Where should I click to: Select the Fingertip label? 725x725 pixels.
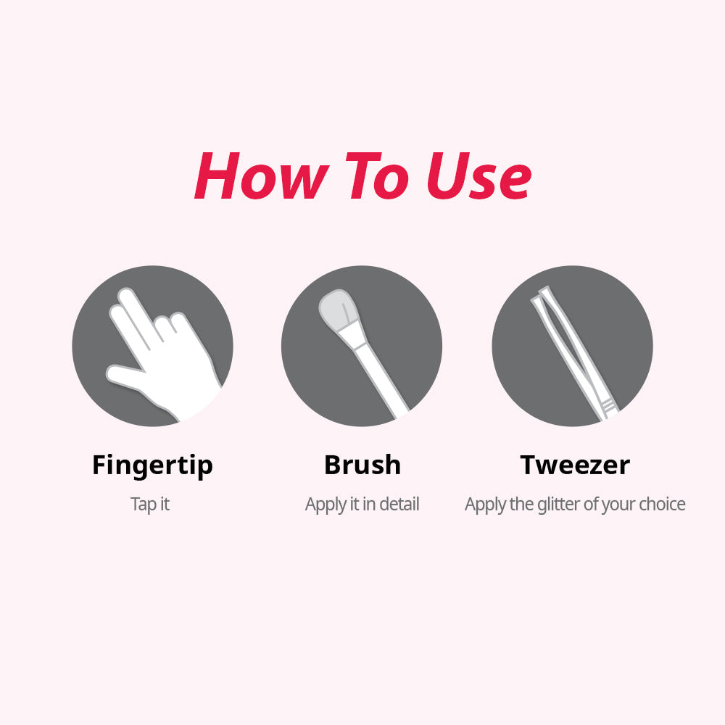click(x=152, y=465)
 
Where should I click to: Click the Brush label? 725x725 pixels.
click(x=362, y=465)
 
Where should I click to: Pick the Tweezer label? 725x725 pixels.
click(x=575, y=465)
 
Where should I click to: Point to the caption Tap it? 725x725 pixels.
click(x=150, y=505)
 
